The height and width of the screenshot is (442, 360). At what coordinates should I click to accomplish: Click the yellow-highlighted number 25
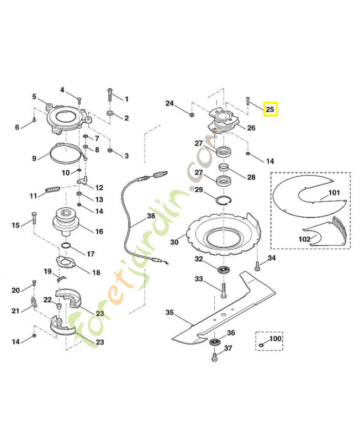[270, 109]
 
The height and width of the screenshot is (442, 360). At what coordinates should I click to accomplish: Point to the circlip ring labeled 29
[225, 200]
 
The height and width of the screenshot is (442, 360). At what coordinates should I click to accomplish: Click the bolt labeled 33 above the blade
[224, 288]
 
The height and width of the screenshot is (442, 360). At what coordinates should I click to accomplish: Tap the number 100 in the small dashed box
[275, 338]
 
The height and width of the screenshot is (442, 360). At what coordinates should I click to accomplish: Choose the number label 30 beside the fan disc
[174, 241]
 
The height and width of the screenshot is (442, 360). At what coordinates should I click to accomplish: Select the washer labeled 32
[224, 270]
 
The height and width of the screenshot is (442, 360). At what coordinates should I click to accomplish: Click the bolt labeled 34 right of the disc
[257, 267]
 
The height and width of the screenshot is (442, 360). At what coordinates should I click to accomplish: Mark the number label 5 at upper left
[34, 97]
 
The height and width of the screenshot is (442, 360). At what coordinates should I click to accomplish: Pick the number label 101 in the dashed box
[333, 193]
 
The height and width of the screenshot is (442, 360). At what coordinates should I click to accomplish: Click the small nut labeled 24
[190, 114]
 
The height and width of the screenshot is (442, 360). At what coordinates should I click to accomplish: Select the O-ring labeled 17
[66, 245]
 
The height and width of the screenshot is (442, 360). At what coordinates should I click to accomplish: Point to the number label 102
[304, 239]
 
